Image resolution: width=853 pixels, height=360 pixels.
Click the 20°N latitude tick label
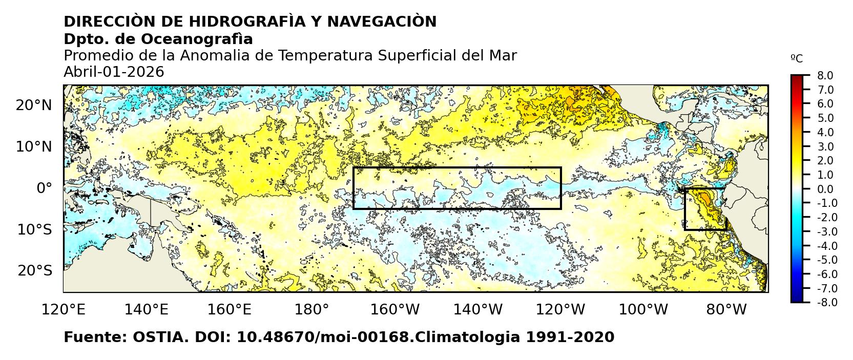pyautogui.click(x=34, y=105)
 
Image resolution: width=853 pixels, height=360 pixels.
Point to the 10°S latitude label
pyautogui.click(x=34, y=229)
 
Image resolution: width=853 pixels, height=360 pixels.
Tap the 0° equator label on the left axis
pyautogui.click(x=44, y=188)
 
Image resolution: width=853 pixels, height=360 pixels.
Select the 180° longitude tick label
pyautogui.click(x=313, y=309)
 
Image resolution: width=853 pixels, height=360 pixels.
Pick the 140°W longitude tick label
pyautogui.click(x=482, y=309)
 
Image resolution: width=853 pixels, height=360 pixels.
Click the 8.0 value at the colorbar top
pyautogui.click(x=825, y=76)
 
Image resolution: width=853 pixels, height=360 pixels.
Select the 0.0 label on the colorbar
pyautogui.click(x=825, y=189)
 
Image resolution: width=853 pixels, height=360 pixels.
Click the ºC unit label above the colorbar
pyautogui.click(x=797, y=59)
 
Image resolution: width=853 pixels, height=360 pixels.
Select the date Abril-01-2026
pyautogui.click(x=114, y=72)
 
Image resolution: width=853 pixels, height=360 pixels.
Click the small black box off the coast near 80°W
pyautogui.click(x=705, y=209)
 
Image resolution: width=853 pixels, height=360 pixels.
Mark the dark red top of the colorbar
pyautogui.click(x=797, y=79)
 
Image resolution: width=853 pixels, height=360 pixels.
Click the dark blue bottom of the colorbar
pyautogui.click(x=797, y=299)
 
